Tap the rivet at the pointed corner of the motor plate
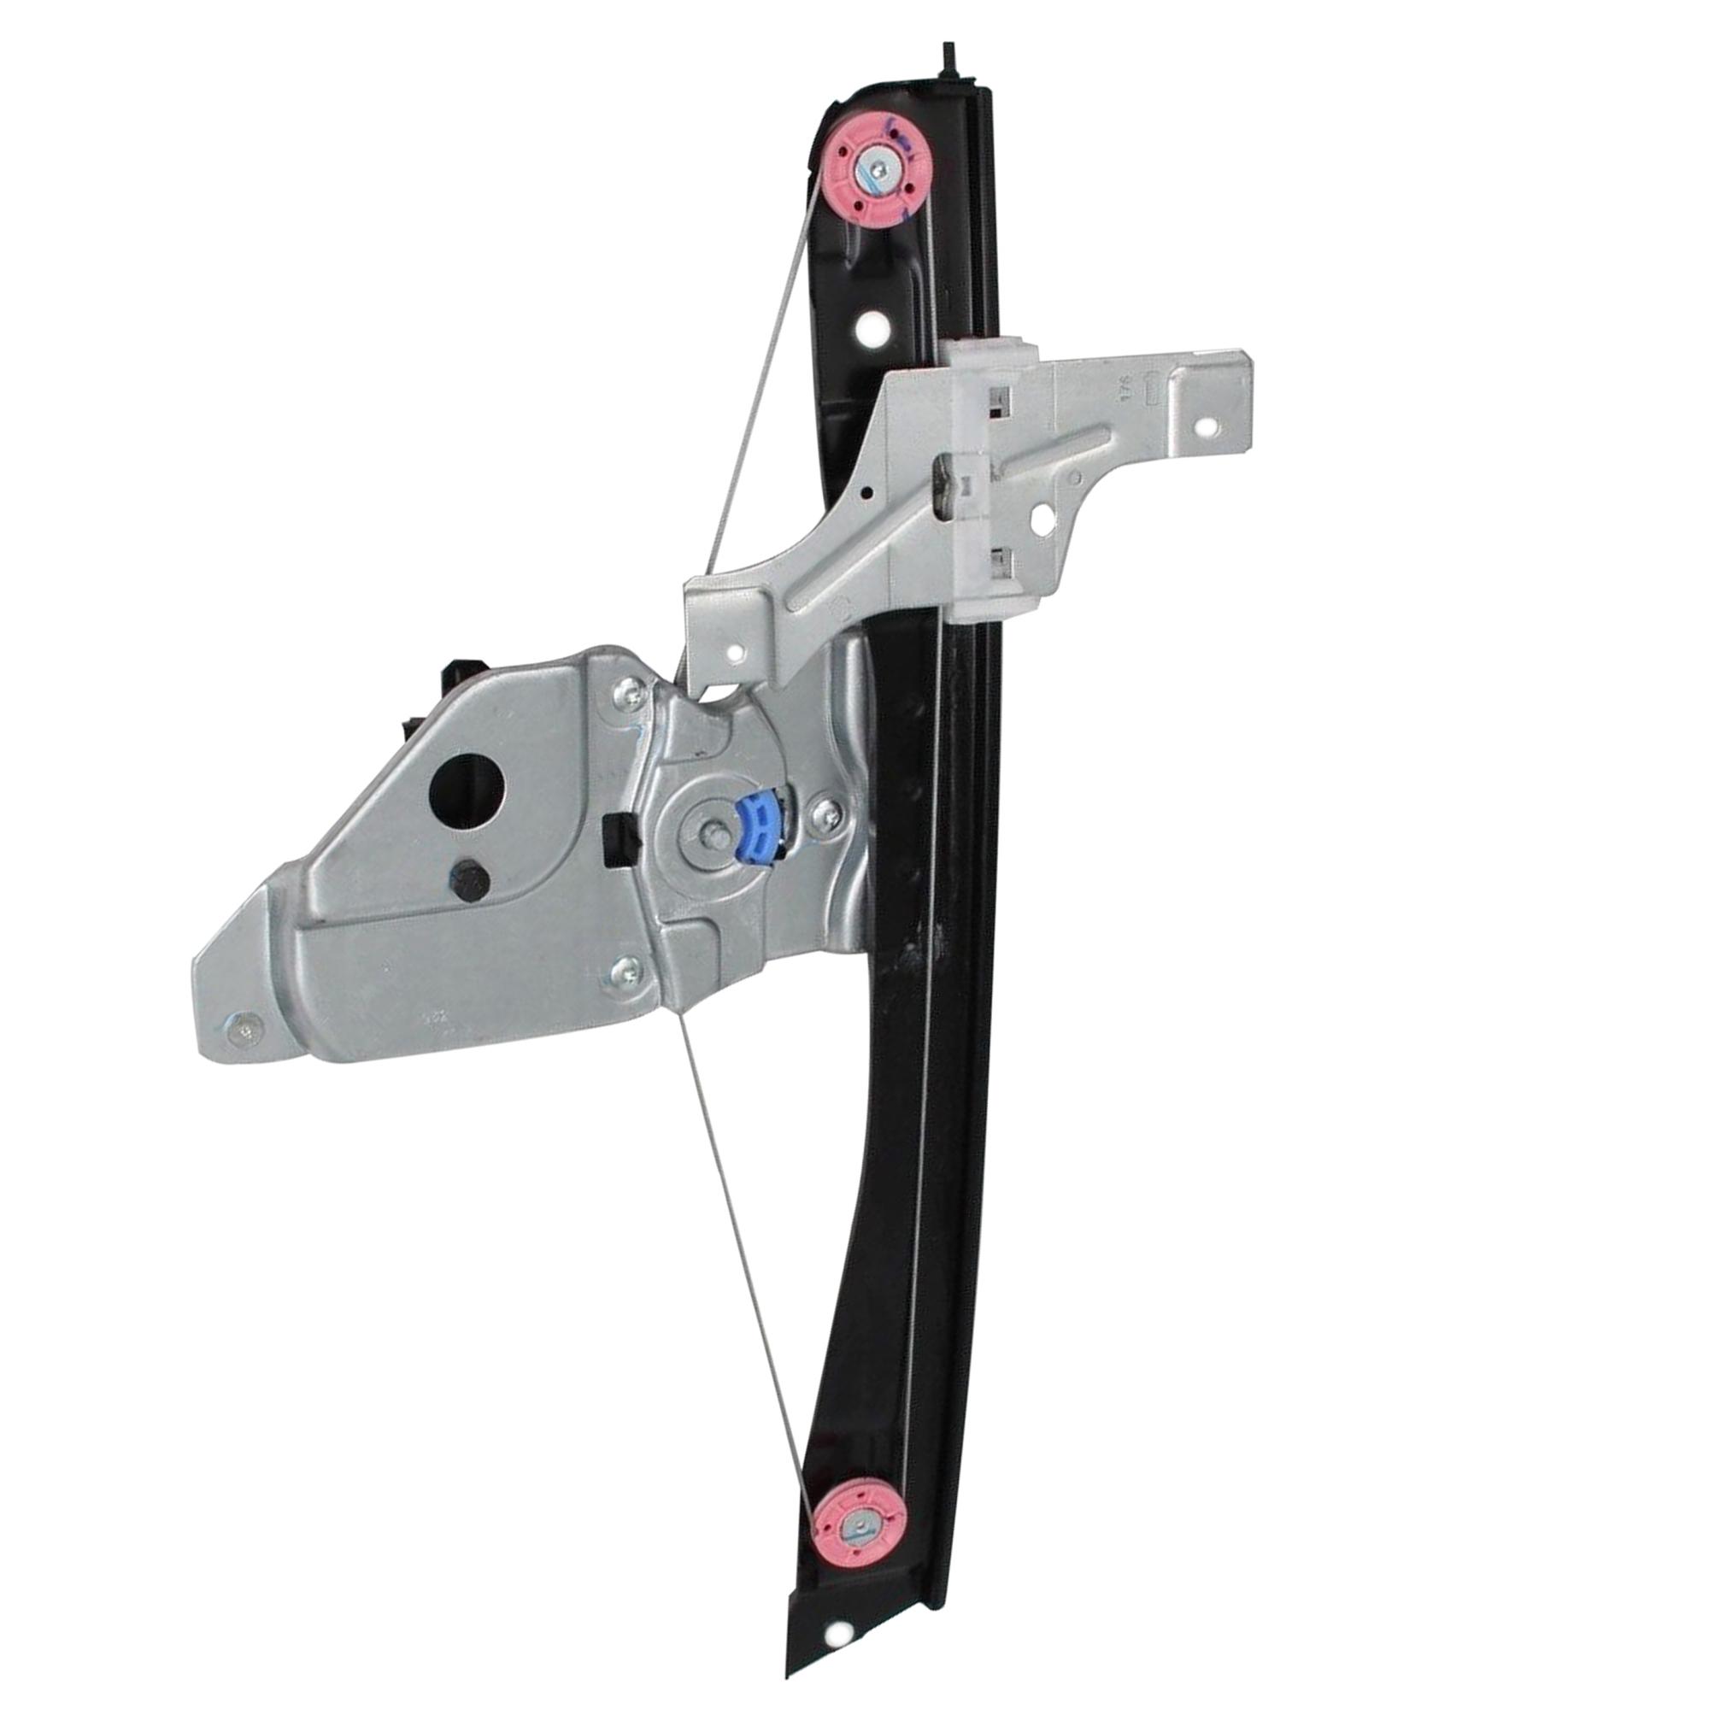(245, 1027)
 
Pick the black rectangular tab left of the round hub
(614, 839)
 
